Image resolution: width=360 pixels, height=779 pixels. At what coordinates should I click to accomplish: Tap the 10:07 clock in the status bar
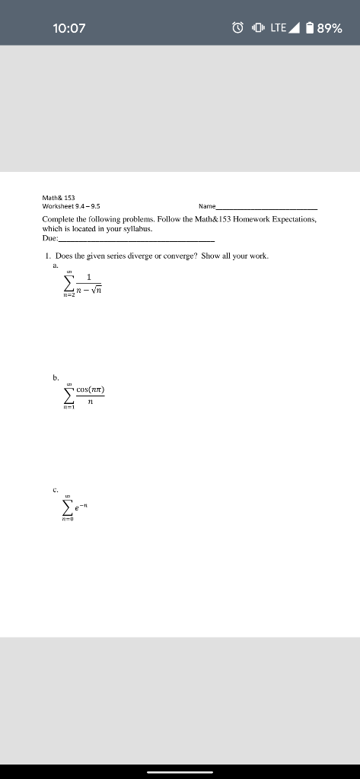coord(69,29)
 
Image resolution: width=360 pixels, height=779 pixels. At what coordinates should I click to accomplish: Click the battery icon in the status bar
coord(309,29)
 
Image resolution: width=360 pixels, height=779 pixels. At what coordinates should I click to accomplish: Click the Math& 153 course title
coord(59,197)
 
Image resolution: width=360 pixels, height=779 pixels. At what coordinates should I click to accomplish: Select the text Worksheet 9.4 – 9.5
coord(71,206)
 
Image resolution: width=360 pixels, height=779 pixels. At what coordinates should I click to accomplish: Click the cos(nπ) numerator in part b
coord(90,390)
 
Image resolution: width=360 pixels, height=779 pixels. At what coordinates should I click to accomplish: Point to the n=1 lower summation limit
coord(69,407)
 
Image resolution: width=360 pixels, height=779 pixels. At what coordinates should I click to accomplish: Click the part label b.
coord(55,377)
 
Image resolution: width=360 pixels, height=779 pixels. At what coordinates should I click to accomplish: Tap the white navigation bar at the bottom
coord(180,771)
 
